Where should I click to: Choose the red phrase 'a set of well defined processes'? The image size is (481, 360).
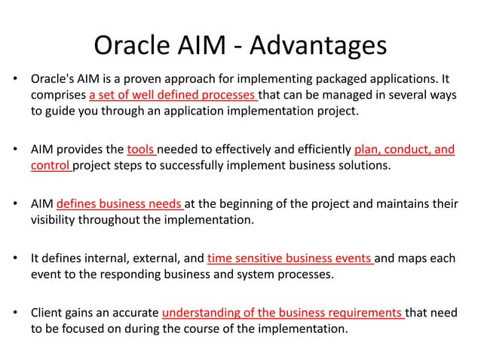tap(173, 96)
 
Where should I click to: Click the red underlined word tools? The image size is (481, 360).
tap(141, 149)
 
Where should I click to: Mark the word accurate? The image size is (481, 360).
tap(136, 311)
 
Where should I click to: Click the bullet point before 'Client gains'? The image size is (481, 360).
tap(14, 311)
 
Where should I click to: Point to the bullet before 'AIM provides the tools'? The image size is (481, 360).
tap(14, 149)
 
